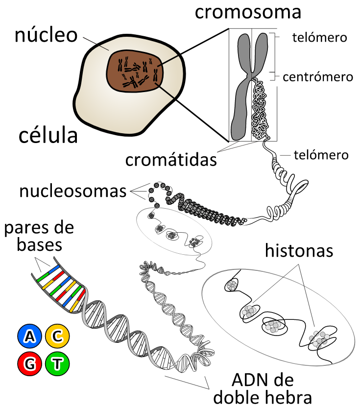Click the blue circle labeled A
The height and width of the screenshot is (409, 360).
pyautogui.click(x=29, y=336)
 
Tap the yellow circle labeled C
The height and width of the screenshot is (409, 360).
pyautogui.click(x=57, y=336)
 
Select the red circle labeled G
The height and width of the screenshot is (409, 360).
pyautogui.click(x=29, y=363)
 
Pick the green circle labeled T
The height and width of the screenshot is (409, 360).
pyautogui.click(x=57, y=363)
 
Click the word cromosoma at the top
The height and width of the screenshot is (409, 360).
pyautogui.click(x=248, y=12)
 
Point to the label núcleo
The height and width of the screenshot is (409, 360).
pyautogui.click(x=46, y=35)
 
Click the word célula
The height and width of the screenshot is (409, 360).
pyautogui.click(x=48, y=135)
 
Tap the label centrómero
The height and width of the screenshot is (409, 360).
pyautogui.click(x=318, y=77)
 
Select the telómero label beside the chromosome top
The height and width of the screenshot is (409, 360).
pyautogui.click(x=319, y=38)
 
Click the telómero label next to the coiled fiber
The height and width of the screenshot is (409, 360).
pyautogui.click(x=321, y=155)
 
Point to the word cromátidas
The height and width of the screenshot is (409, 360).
pyautogui.click(x=171, y=160)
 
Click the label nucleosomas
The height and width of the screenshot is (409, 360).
pyautogui.click(x=73, y=191)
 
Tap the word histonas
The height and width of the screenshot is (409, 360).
pyautogui.click(x=299, y=251)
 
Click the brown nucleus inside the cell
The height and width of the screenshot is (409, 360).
pyautogui.click(x=135, y=71)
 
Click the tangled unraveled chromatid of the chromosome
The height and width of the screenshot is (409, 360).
pyautogui.click(x=259, y=110)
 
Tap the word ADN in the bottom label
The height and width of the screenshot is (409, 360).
pyautogui.click(x=246, y=380)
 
